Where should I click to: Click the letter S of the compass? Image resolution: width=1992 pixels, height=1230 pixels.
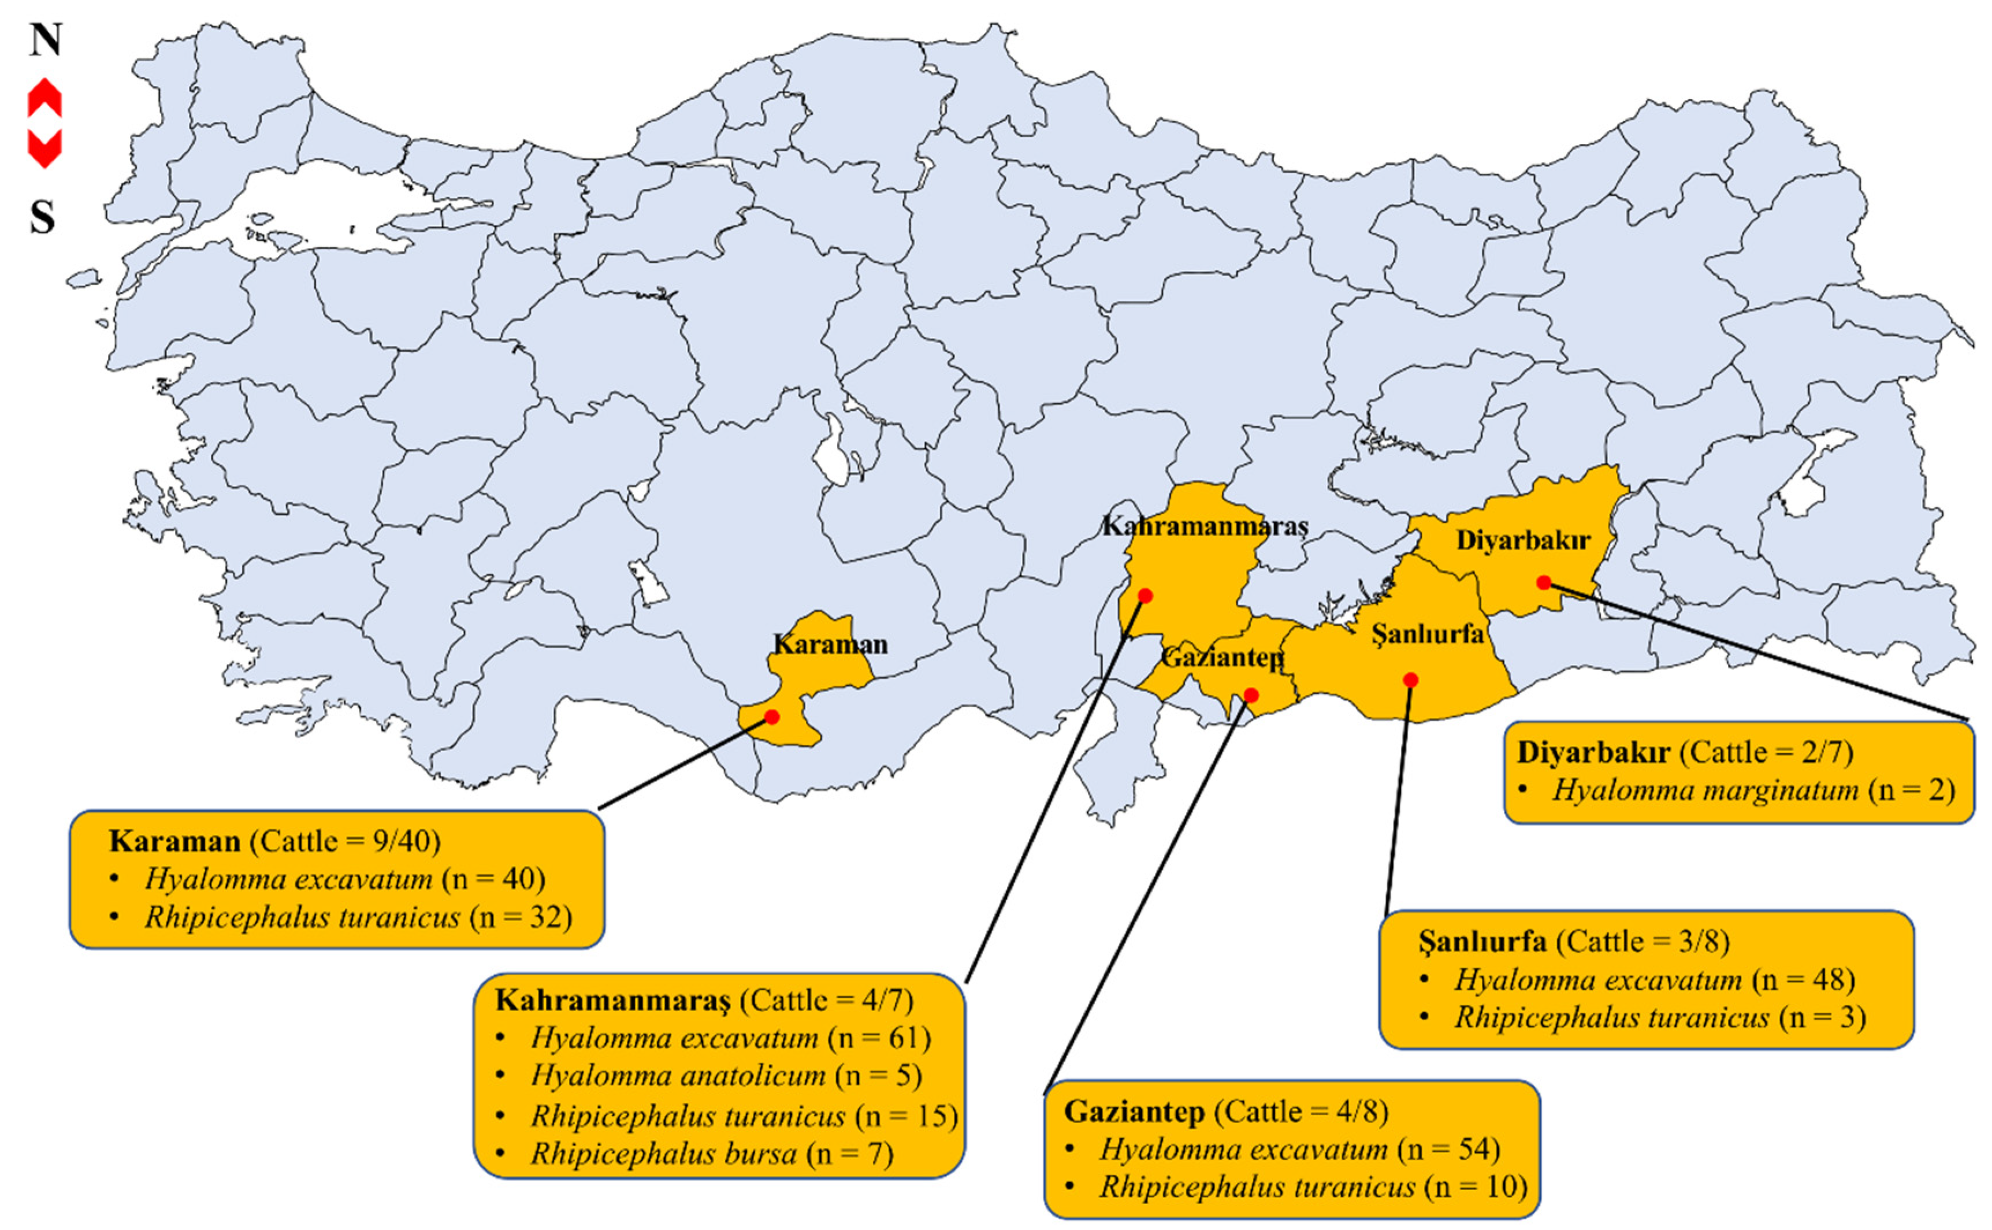42,217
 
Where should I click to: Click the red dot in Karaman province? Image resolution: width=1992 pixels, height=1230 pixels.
772,717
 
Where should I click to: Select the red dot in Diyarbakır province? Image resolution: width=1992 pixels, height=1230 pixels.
1544,582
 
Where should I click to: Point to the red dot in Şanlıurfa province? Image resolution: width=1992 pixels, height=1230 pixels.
1410,680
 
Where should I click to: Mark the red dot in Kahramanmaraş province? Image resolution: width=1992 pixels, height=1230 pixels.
1144,596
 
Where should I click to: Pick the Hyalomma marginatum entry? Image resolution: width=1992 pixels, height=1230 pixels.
1705,790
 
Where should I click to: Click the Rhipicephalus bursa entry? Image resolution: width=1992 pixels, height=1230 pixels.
663,1154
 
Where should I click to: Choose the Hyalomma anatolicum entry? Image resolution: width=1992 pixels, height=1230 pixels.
678,1075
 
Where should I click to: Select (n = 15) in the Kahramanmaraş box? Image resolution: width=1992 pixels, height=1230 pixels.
906,1115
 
